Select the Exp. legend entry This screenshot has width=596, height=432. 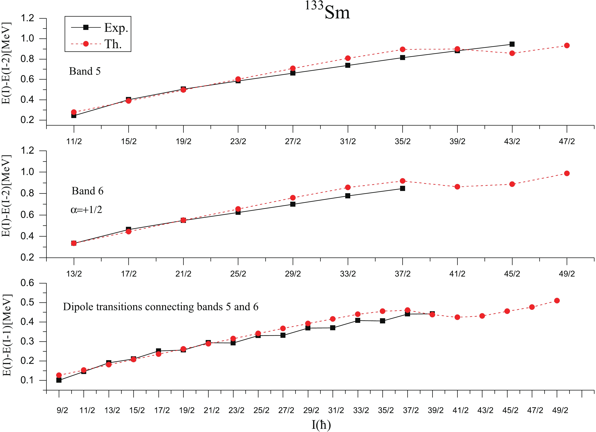point(116,28)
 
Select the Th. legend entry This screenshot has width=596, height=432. point(113,44)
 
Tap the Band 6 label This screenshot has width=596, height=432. point(87,191)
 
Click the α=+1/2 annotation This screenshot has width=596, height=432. point(86,210)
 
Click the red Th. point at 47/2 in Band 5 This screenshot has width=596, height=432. point(567,45)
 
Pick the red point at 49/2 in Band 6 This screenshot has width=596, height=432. point(567,173)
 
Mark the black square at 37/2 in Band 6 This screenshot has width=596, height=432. point(403,188)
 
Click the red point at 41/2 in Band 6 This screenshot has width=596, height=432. point(457,187)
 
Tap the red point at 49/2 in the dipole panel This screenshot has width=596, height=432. point(557,300)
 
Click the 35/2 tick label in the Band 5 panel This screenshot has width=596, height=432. point(403,141)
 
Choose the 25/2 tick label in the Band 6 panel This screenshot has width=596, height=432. point(238,274)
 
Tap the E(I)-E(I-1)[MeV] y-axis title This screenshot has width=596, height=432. point(7,335)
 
